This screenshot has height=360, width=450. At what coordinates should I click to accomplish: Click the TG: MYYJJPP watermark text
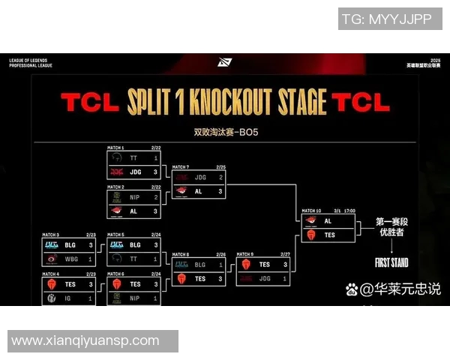[386, 19]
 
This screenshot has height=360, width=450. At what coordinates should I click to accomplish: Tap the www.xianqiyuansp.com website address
[85, 340]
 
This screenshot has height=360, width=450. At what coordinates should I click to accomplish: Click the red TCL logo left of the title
[88, 102]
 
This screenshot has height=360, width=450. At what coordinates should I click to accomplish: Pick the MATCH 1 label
[116, 148]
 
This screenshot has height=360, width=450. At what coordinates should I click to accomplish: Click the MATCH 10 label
[313, 211]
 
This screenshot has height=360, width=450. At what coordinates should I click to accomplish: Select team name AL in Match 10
[328, 221]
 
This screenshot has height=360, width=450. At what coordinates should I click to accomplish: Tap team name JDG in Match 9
[264, 278]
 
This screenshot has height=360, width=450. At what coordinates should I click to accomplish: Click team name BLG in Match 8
[200, 265]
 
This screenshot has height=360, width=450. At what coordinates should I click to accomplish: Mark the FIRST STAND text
[391, 263]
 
